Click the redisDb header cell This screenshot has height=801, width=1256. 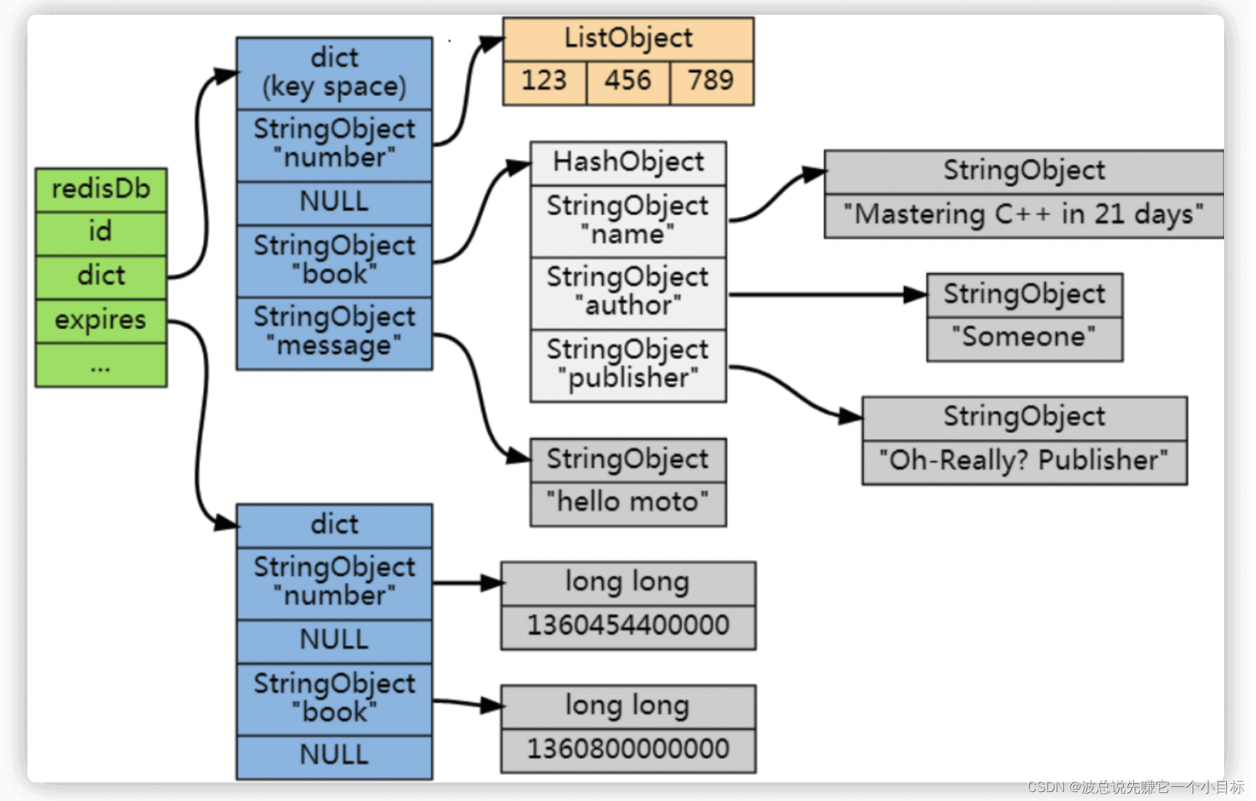pyautogui.click(x=101, y=190)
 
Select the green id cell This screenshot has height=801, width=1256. pyautogui.click(x=101, y=233)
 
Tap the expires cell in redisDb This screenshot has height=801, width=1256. pyautogui.click(x=101, y=321)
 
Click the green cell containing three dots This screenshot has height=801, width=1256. pyautogui.click(x=101, y=366)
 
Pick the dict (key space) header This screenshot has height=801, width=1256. pyautogui.click(x=334, y=74)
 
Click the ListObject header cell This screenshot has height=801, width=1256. pyautogui.click(x=629, y=39)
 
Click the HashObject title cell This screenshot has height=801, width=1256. pyautogui.click(x=629, y=163)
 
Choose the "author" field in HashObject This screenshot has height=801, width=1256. pyautogui.click(x=629, y=293)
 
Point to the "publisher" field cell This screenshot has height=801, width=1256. pyautogui.click(x=629, y=366)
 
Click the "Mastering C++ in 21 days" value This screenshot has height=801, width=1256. pyautogui.click(x=1024, y=216)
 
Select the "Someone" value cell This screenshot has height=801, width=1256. pyautogui.click(x=1025, y=339)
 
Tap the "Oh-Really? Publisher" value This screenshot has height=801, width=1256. pyautogui.click(x=1025, y=462)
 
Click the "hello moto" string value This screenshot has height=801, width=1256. pyautogui.click(x=629, y=504)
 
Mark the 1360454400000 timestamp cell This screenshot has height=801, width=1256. pyautogui.click(x=629, y=627)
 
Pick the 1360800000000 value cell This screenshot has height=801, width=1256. pyautogui.click(x=629, y=750)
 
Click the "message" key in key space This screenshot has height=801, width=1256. pyautogui.click(x=334, y=334)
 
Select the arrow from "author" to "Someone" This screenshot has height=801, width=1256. pyautogui.click(x=827, y=294)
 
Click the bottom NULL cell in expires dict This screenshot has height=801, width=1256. pyautogui.click(x=334, y=756)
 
